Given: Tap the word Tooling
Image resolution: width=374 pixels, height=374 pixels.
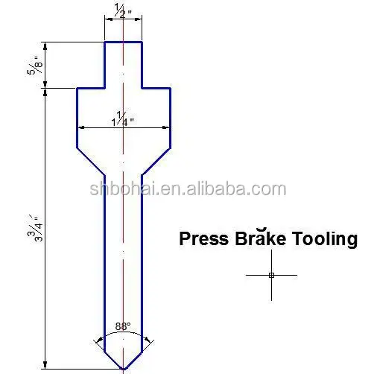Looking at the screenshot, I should click(324, 239).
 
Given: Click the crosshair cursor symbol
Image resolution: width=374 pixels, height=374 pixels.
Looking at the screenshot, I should click(272, 275).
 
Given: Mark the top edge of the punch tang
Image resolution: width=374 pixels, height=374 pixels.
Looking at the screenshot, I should click(124, 42).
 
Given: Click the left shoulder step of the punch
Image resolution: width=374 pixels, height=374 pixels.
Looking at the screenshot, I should click(90, 88).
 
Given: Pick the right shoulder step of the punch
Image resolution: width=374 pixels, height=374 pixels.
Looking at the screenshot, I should click(157, 88).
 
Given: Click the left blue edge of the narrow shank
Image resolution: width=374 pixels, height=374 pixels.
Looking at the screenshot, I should click(104, 261).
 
